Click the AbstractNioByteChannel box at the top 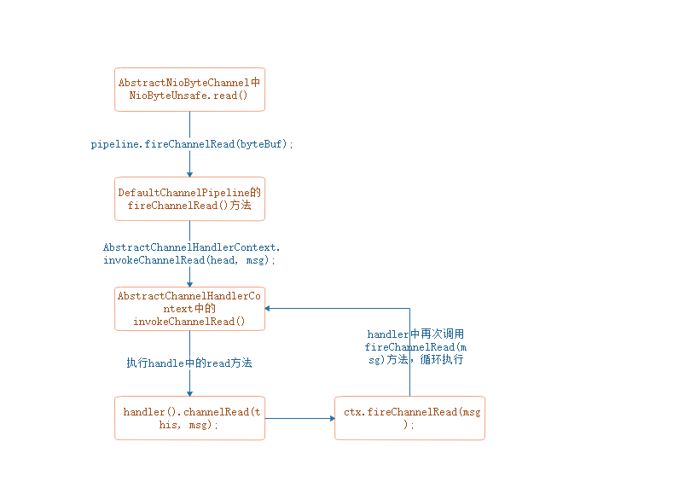click(x=189, y=90)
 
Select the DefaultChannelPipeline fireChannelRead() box click(x=189, y=199)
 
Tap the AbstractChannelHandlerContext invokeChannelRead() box click(x=189, y=308)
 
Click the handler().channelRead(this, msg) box click(x=189, y=418)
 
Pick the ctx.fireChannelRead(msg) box click(x=409, y=418)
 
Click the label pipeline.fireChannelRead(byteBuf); click(x=192, y=144)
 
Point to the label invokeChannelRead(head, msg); click(x=189, y=260)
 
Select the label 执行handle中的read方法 click(x=189, y=363)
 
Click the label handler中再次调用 click(x=415, y=334)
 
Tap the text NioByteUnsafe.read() click(x=189, y=96)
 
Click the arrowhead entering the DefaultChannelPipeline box click(x=189, y=174)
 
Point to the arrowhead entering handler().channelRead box click(x=189, y=392)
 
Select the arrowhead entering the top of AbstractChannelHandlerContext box click(x=189, y=283)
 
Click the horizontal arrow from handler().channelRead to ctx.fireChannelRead click(x=299, y=418)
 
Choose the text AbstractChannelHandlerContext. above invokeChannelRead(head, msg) click(x=191, y=247)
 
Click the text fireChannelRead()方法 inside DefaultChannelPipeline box click(x=189, y=206)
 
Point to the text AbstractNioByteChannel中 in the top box click(x=189, y=83)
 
